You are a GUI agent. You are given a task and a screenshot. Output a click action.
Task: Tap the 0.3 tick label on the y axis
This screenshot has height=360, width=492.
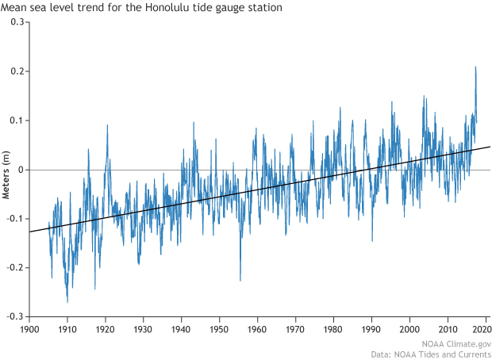point(15,22)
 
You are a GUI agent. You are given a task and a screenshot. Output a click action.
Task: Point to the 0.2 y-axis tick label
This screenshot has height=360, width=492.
point(15,71)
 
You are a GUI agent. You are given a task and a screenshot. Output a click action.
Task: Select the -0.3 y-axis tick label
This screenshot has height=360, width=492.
point(13,316)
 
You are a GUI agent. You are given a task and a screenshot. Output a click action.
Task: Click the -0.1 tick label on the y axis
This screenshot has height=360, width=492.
point(13,219)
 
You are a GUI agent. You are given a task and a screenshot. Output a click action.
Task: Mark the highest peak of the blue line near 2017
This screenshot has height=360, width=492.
point(475,67)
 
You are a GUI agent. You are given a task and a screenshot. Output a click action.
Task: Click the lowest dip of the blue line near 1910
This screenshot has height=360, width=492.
point(67,302)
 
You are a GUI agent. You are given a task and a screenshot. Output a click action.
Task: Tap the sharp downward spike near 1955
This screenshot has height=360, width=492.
point(240,280)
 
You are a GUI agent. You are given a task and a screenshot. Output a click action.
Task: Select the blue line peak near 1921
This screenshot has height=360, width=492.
point(107,124)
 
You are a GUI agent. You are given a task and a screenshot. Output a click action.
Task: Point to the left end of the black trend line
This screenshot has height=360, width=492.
point(29,232)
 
